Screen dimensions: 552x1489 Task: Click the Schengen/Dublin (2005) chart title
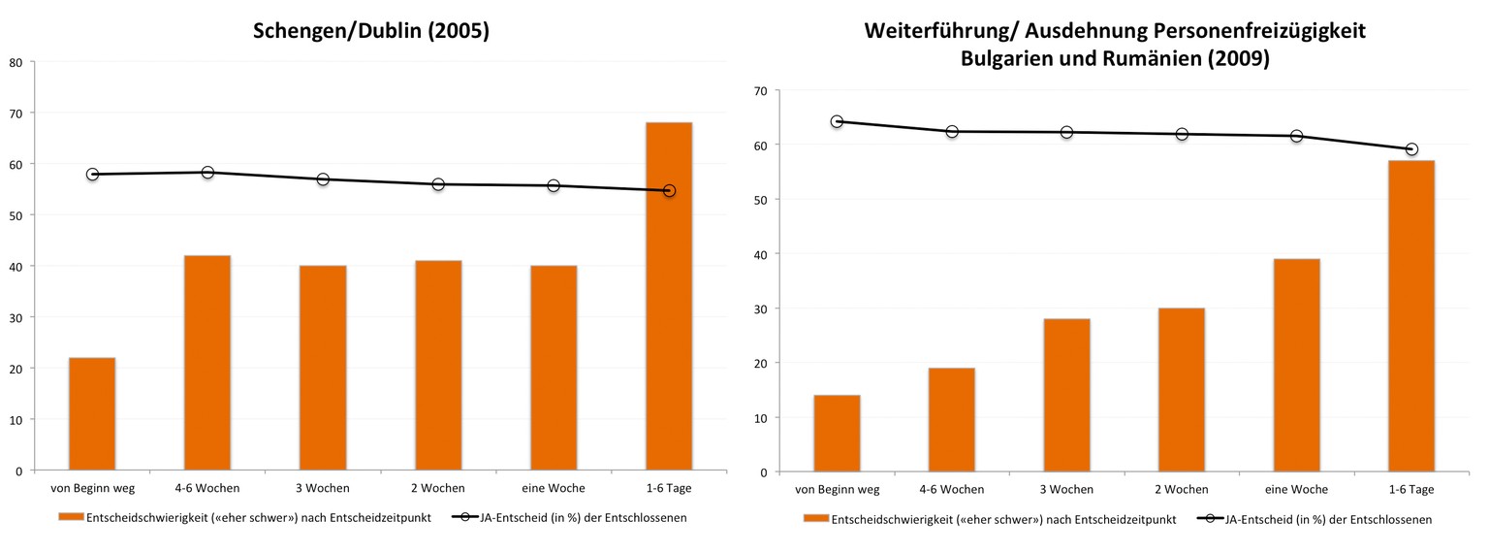(x=371, y=31)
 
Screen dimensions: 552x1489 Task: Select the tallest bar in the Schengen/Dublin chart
(x=669, y=296)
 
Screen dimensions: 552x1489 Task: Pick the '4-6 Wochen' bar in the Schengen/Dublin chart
(x=207, y=363)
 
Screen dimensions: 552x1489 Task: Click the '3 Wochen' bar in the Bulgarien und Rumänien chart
(x=1066, y=395)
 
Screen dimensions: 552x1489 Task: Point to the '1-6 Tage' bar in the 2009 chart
(x=1411, y=316)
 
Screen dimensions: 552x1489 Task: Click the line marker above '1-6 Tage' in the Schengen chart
(x=669, y=191)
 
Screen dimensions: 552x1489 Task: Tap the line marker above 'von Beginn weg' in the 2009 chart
(x=837, y=121)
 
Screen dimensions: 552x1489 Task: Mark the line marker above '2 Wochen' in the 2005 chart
(x=438, y=184)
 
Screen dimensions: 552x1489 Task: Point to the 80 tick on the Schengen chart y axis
(x=16, y=62)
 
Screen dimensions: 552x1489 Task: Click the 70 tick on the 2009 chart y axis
(x=759, y=91)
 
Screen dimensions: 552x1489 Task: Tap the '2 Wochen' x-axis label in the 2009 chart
(x=1181, y=489)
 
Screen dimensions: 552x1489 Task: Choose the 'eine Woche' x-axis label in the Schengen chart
(x=553, y=487)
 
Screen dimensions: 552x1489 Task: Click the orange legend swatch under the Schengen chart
(x=71, y=517)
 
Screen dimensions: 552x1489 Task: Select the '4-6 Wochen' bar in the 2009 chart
(x=951, y=419)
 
